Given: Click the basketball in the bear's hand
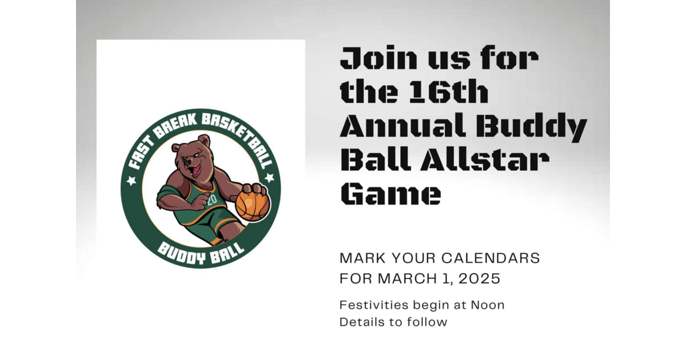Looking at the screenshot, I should (252, 204).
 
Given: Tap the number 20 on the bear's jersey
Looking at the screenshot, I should (212, 200).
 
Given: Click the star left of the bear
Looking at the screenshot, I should (132, 181).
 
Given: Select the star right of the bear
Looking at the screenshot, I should (269, 178).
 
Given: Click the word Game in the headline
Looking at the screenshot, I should (390, 194).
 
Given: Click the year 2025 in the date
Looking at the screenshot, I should (480, 279).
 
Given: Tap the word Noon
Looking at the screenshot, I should (488, 305).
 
